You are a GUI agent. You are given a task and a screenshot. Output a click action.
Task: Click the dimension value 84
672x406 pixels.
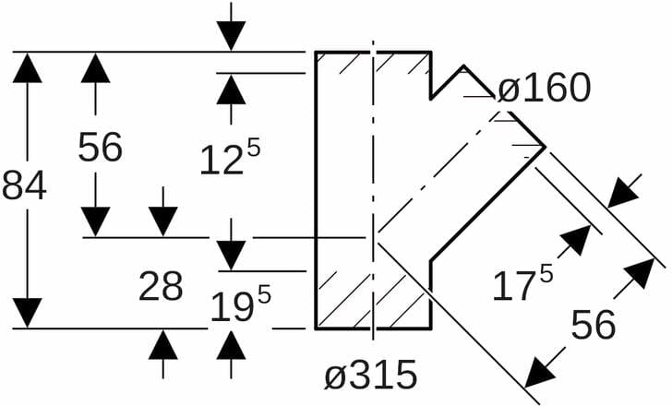click(24, 186)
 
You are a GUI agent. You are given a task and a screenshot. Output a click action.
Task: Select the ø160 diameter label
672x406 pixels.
click(543, 90)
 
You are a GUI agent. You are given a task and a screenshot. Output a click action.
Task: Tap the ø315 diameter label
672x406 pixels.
click(371, 376)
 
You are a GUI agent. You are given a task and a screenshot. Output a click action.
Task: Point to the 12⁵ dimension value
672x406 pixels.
click(230, 158)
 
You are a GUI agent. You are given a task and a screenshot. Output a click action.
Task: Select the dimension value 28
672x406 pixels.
click(161, 288)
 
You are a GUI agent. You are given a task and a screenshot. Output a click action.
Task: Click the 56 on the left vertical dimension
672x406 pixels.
click(100, 148)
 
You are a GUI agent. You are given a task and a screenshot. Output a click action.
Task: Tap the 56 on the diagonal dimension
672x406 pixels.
click(594, 326)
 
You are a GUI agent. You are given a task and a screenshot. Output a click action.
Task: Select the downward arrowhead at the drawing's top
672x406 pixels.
click(232, 36)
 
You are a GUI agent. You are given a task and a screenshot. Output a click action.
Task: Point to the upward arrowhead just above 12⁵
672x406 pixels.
click(232, 89)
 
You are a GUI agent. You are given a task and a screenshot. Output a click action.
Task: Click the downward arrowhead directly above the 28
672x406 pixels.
click(163, 221)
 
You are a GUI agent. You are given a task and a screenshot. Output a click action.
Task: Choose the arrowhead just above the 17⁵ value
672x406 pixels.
click(575, 240)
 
